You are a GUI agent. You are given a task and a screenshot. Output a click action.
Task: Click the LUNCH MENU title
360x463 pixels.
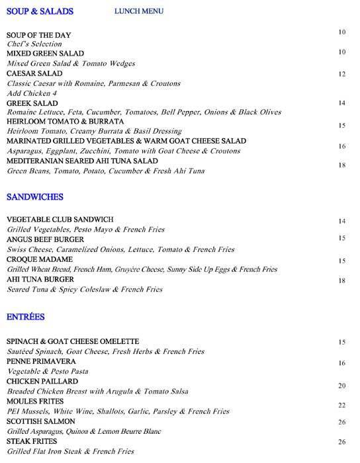[x=138, y=11]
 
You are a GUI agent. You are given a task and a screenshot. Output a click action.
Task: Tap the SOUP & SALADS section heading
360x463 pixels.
[x=39, y=11]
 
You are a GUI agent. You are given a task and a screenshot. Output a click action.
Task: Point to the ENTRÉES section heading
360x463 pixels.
[x=26, y=317]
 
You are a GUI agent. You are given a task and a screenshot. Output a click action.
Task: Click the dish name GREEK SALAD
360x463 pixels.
[x=32, y=104]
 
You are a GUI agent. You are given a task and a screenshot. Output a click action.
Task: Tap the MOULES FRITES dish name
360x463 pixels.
[x=35, y=401]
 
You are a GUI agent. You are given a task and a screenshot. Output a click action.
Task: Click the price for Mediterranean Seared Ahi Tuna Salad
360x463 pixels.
[x=342, y=165]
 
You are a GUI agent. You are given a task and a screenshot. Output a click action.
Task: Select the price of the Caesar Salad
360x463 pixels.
[x=342, y=74]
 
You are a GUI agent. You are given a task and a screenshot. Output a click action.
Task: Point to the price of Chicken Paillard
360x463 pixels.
[x=342, y=386]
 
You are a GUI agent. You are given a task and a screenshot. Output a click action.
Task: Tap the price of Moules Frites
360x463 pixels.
[x=342, y=405]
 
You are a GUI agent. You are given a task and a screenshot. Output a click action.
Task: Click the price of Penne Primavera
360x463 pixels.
[x=342, y=363]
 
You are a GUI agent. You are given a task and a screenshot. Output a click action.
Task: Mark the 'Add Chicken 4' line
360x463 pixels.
[x=32, y=93]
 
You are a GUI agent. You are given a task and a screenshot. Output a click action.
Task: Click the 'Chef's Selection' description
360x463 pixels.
[x=34, y=44]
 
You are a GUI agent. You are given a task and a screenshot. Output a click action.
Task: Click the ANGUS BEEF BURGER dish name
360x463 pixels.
[x=46, y=239]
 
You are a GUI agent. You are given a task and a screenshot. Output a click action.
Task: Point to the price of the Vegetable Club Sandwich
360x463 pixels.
[x=342, y=221]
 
